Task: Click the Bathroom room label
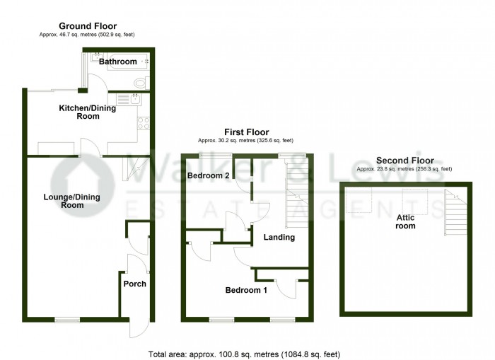click(x=118, y=62)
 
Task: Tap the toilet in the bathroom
click(x=139, y=83)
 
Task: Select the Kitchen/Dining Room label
click(x=78, y=112)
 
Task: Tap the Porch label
click(x=134, y=284)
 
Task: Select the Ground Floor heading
click(x=88, y=26)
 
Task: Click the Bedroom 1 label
click(x=246, y=290)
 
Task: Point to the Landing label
click(x=279, y=237)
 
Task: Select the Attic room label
click(x=405, y=221)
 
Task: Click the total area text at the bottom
click(x=248, y=353)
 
